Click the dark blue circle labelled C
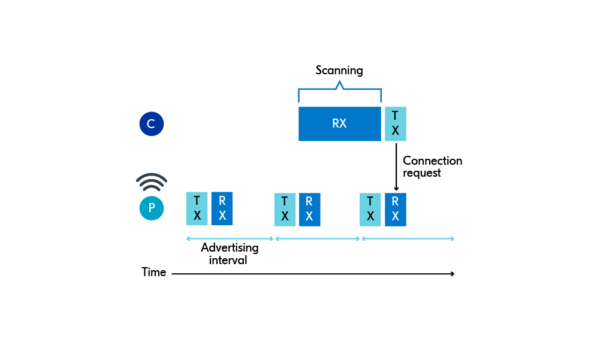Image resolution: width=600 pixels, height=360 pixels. [x=151, y=124]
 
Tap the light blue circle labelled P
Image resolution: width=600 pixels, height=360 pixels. [x=151, y=208]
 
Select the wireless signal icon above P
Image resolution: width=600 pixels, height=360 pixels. [x=151, y=183]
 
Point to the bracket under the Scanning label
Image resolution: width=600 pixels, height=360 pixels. [x=339, y=91]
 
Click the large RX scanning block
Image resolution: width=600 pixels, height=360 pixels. [x=339, y=124]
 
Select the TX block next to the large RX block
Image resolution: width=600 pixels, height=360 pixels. [x=395, y=124]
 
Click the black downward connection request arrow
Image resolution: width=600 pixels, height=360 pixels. [x=395, y=166]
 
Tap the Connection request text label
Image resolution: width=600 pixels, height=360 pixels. [x=432, y=167]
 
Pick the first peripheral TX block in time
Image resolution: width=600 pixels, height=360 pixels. [x=197, y=208]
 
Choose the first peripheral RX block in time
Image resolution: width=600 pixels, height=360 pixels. [x=222, y=208]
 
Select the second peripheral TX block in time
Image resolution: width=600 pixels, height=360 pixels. [x=285, y=208]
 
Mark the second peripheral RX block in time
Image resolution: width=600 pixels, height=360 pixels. [x=310, y=208]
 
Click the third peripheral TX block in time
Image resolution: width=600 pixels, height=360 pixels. [x=371, y=208]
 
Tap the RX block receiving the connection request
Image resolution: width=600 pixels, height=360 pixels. [x=396, y=208]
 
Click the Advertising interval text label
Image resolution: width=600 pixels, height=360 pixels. [x=230, y=253]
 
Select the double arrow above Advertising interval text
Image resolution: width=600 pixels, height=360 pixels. [x=229, y=239]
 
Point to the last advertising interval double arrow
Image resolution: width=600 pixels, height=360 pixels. [x=407, y=239]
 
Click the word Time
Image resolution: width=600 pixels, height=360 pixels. [x=153, y=272]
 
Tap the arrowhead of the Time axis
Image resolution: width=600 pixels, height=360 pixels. [x=452, y=273]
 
